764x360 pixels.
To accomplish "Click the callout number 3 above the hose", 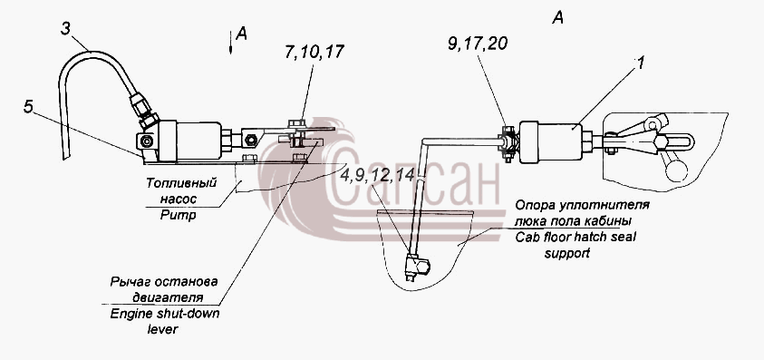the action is point(66,29).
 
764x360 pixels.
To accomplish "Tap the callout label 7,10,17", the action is point(315,52).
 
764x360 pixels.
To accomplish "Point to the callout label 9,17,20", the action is point(478,44).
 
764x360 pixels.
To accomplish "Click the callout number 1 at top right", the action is point(639,63).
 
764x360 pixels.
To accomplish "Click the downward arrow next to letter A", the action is point(231,42).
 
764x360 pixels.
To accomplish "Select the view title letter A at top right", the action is point(558,18).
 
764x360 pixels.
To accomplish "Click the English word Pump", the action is point(179,214).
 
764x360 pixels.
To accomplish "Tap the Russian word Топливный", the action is point(181,183).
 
